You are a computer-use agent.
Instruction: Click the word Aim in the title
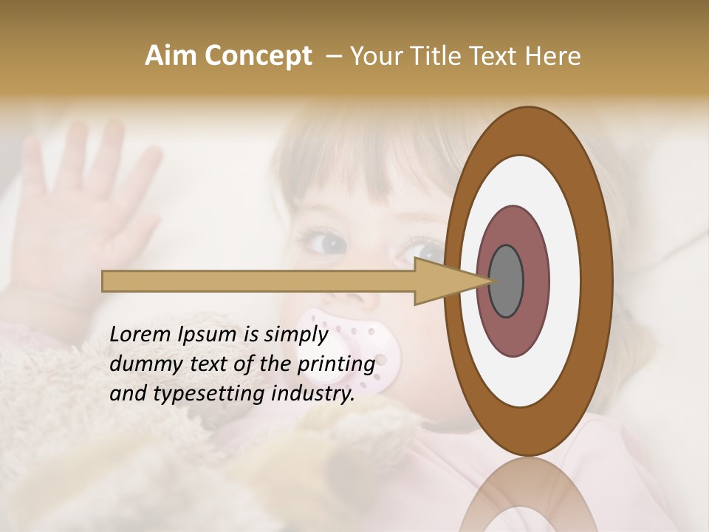[171, 56]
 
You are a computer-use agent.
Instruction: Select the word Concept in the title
[257, 56]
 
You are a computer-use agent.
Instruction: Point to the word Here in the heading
[553, 56]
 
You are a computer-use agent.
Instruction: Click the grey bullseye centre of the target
[506, 281]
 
